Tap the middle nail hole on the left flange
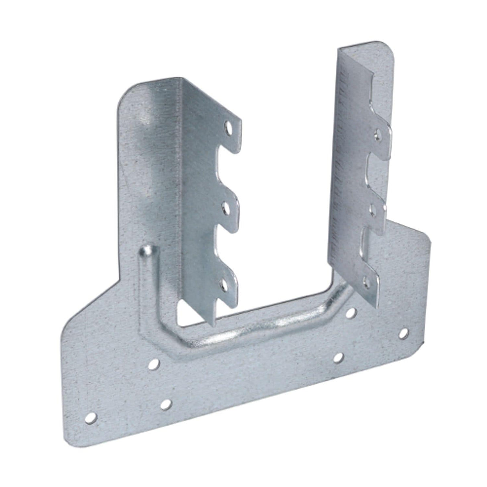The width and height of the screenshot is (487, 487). coord(225,208)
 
